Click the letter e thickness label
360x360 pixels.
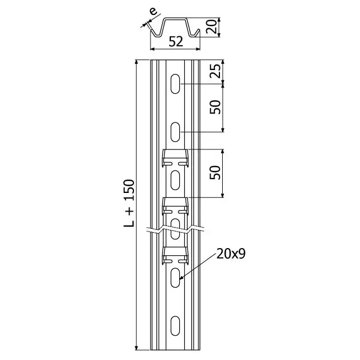click(x=153, y=11)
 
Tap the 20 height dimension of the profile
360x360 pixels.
click(x=212, y=27)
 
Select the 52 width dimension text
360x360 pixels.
click(x=176, y=42)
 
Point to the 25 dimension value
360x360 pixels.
click(x=215, y=71)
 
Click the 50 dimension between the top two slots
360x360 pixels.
click(x=215, y=107)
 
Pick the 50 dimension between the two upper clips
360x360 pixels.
click(x=215, y=173)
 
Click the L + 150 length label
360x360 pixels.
click(x=129, y=203)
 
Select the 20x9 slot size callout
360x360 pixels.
click(x=231, y=254)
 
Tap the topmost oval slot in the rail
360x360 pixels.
click(x=175, y=84)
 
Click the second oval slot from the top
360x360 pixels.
click(x=175, y=132)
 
